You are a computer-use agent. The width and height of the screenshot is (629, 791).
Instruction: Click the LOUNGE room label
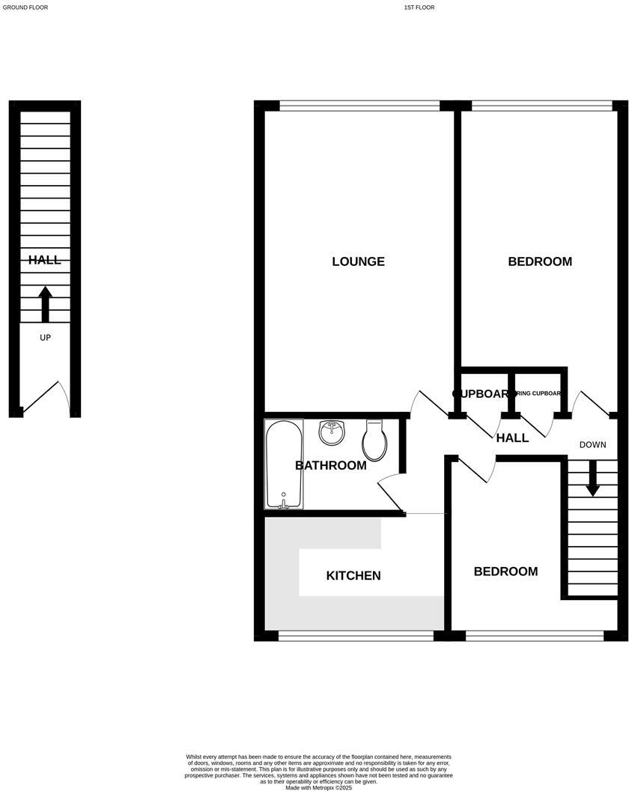(x=358, y=261)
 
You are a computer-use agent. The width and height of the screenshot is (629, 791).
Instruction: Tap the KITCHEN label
(x=353, y=575)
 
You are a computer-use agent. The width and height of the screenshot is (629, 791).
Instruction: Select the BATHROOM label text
(x=330, y=465)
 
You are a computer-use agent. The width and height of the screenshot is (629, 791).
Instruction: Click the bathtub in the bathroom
(x=284, y=464)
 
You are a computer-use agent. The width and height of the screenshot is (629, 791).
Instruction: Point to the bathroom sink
(x=331, y=432)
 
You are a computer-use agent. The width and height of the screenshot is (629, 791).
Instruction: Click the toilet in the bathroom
(x=374, y=440)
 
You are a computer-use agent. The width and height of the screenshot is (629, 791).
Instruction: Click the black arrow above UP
(x=45, y=303)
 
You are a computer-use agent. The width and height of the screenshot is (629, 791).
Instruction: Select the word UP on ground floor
(x=45, y=338)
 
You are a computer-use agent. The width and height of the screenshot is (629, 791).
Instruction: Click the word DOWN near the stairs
(x=592, y=445)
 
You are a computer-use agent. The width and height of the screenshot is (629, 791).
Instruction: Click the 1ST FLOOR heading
(x=419, y=7)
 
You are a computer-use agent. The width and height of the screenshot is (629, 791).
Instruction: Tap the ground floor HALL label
(x=44, y=260)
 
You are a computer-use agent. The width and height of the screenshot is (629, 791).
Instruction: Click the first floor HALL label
(x=513, y=437)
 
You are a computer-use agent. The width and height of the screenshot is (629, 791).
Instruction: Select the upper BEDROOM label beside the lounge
(x=540, y=261)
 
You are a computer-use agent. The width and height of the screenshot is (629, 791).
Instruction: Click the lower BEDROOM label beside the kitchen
(x=505, y=572)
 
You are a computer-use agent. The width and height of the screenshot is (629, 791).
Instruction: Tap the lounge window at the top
(x=359, y=106)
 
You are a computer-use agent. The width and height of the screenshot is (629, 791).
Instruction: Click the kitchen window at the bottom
(x=356, y=636)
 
